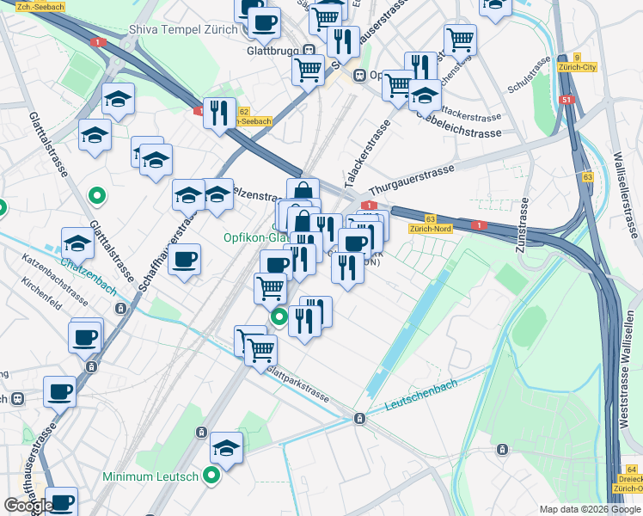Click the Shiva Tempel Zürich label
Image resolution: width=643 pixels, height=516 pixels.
pos(183,29)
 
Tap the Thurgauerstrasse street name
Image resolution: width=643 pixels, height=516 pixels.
pos(411,181)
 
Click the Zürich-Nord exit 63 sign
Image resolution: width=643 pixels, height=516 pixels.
pos(432,224)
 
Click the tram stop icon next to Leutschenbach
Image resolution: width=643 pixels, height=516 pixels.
pos(359,418)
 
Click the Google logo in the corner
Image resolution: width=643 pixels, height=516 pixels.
pos(28,506)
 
